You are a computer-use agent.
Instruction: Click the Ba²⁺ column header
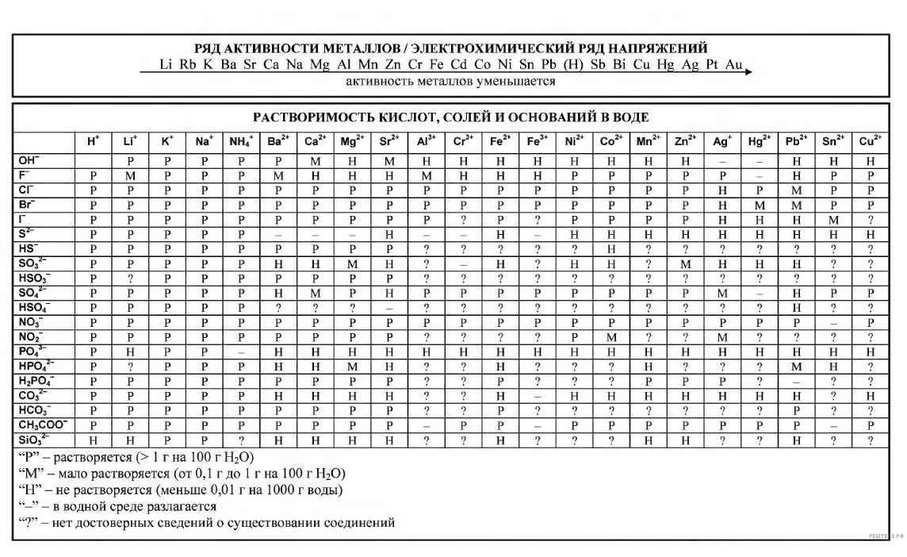pos(278,142)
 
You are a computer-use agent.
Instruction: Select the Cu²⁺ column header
pos(871,142)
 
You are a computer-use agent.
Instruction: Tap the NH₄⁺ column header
pos(241,142)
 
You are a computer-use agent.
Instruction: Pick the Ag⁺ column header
pos(722,142)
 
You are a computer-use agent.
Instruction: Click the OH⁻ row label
pos(29,161)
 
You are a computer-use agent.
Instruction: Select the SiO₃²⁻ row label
pos(34,440)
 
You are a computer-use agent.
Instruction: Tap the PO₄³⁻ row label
pos(33,351)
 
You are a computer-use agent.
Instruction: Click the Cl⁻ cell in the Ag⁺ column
pos(722,190)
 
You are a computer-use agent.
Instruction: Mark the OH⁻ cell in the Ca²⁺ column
pos(316,161)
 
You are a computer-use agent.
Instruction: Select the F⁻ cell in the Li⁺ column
pos(130,176)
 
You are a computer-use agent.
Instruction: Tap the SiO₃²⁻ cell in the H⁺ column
pos(93,440)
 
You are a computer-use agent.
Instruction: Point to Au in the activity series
pos(733,64)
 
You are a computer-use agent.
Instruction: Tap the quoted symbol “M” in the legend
pos(28,474)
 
